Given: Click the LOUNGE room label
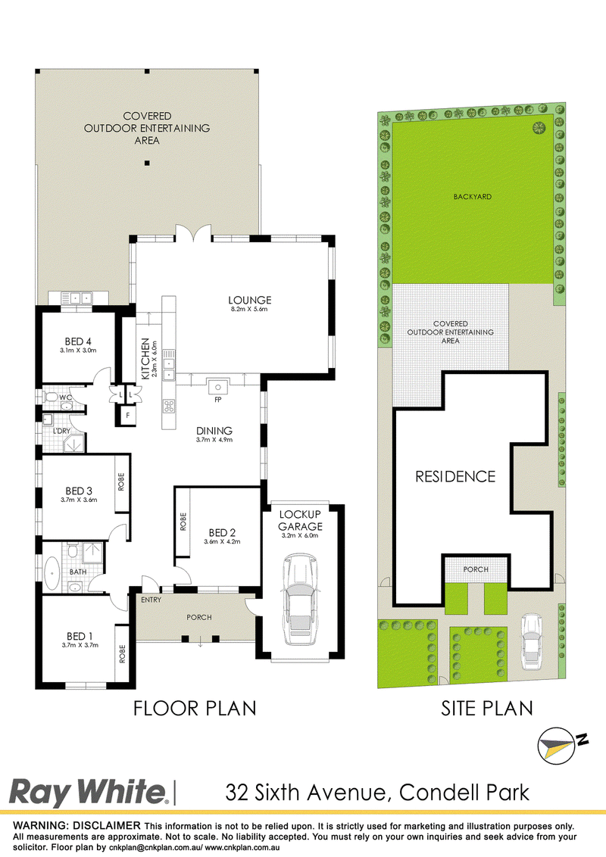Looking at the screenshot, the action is [249, 300].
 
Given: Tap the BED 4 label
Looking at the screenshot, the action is [78, 341].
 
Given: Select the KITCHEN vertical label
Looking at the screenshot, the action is [145, 359].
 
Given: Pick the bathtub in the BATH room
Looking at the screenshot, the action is [52, 573].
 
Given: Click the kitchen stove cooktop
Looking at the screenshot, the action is [169, 406].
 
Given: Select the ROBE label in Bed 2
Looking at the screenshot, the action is [183, 522].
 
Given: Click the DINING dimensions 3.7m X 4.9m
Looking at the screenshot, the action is [214, 439].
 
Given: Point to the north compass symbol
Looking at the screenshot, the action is [562, 745].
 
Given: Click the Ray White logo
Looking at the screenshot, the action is [88, 793].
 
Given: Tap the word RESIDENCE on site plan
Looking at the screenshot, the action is [455, 477].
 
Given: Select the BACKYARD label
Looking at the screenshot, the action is [473, 197].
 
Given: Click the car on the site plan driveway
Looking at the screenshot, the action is [531, 642].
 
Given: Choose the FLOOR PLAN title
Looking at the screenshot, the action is [195, 709].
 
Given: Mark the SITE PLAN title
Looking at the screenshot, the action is [487, 709].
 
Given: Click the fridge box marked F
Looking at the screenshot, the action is [128, 416].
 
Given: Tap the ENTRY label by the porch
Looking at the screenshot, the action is [151, 600].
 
